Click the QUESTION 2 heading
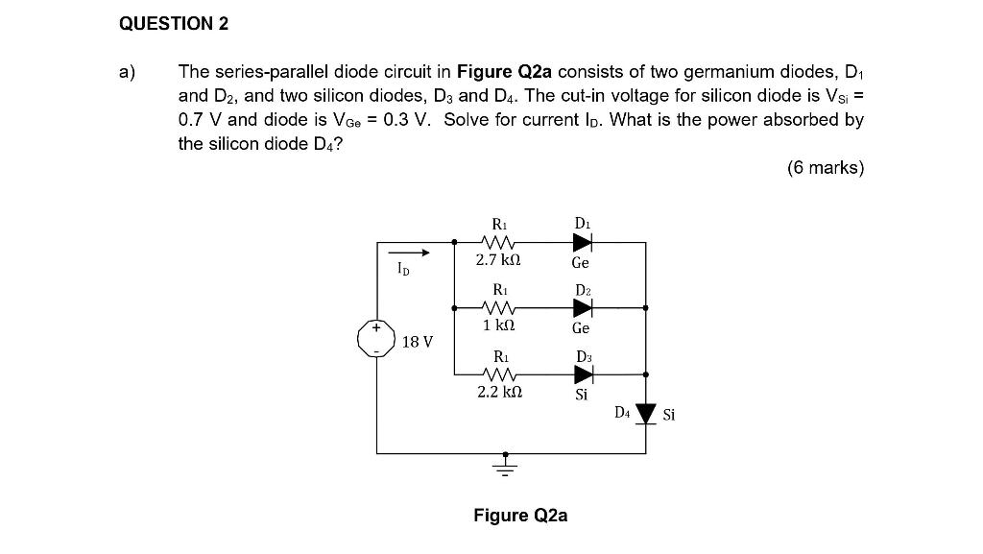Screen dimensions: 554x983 pos(174,24)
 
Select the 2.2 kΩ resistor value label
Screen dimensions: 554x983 pos(499,392)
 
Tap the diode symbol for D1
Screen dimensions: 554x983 pos(582,242)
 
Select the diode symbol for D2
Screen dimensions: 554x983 pos(582,307)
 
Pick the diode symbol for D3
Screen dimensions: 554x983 pos(582,373)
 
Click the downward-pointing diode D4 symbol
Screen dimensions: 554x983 pos(646,415)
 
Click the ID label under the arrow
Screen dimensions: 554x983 pos(403,271)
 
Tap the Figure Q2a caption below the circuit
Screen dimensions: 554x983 pos(520,516)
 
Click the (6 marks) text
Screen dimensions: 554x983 pos(825,168)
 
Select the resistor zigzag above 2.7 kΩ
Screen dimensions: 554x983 pos(500,242)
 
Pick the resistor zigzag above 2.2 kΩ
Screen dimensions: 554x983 pos(500,373)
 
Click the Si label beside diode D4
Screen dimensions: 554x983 pos(669,415)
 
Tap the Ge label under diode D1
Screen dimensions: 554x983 pos(581,262)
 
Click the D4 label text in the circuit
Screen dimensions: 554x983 pos(622,413)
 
